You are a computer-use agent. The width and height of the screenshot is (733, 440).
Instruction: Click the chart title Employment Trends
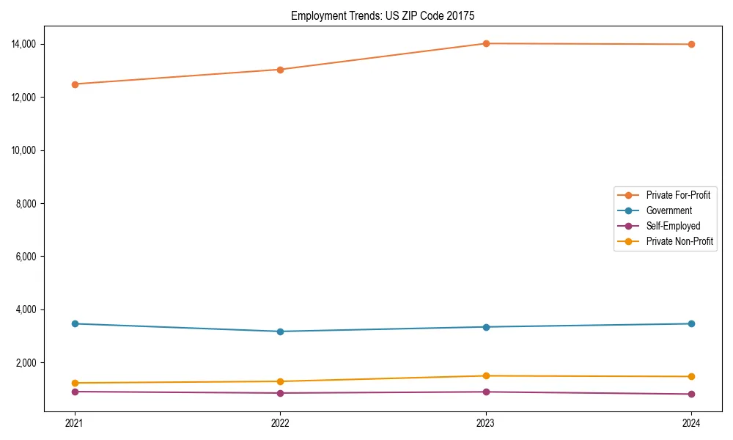[x=383, y=15]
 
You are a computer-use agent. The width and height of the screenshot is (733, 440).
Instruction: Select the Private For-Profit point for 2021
[x=74, y=84]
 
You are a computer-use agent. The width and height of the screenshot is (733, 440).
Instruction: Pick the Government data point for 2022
[x=280, y=331]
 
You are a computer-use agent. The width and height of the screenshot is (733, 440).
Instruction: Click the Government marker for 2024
[x=691, y=323]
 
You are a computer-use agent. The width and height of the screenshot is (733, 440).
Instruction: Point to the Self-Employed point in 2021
[x=74, y=392]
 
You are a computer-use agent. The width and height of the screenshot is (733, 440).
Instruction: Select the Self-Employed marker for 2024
[x=691, y=395]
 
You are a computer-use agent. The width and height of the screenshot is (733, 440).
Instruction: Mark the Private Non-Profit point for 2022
[x=280, y=381]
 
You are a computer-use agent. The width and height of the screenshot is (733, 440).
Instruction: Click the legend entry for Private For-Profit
[x=677, y=195]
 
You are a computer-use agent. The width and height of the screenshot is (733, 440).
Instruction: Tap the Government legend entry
[x=668, y=210]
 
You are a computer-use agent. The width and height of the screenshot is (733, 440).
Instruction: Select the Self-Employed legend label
[x=673, y=226]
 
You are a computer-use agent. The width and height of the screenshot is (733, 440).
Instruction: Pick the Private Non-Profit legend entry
[x=679, y=241]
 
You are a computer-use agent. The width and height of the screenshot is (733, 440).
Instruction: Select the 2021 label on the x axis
[x=74, y=422]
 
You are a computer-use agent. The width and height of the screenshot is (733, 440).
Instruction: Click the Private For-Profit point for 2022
[x=280, y=70]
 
